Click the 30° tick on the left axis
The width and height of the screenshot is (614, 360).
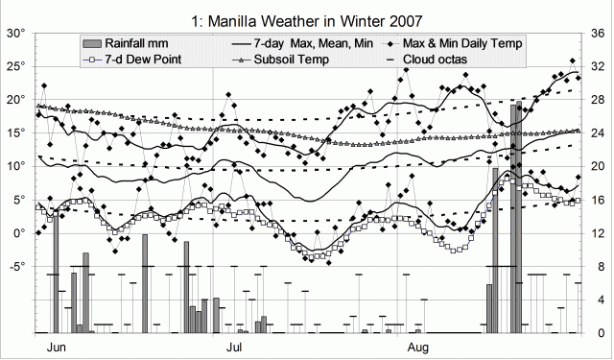click(x=17, y=33)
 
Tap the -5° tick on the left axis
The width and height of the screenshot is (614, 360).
click(x=15, y=267)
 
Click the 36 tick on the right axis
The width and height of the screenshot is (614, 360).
click(x=595, y=33)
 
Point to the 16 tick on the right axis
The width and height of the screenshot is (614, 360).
click(x=595, y=200)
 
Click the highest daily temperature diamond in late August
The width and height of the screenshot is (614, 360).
click(x=573, y=60)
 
